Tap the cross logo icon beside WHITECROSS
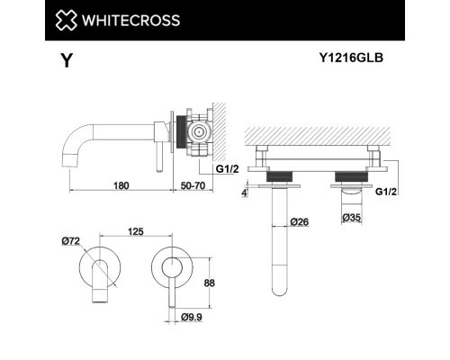[70, 20]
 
